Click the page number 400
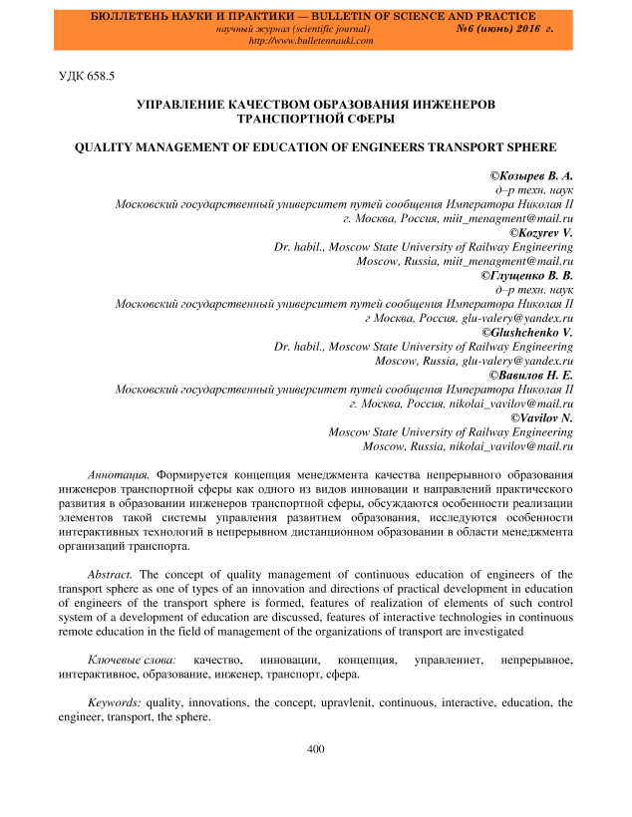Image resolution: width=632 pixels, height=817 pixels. pos(317,749)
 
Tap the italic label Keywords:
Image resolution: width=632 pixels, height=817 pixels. pos(115,702)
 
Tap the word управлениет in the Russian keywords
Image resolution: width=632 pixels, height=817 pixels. pos(446,661)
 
